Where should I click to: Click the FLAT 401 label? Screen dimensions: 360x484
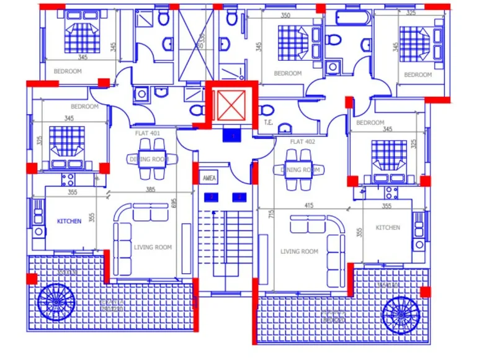(x=148, y=132)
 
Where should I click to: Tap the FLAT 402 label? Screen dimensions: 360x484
(x=302, y=142)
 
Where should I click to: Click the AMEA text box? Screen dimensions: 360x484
(x=209, y=178)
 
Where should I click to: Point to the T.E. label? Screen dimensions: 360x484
(x=269, y=122)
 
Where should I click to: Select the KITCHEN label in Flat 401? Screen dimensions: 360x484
(x=69, y=222)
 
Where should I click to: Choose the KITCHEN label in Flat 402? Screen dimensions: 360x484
(x=388, y=228)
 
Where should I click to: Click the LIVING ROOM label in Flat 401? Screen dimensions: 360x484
(x=153, y=248)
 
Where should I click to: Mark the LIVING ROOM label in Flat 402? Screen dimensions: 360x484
(x=299, y=251)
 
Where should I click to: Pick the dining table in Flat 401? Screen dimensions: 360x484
(x=151, y=160)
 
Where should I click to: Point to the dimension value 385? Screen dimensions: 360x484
(x=150, y=190)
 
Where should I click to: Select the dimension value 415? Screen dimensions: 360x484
(x=308, y=205)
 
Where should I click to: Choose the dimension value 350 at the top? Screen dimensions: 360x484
(x=285, y=16)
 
